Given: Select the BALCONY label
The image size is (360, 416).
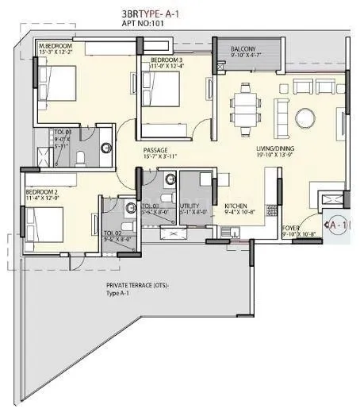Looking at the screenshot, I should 243,49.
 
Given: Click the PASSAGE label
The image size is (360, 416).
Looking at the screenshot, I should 156,149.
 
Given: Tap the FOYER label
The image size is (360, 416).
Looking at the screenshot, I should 293,229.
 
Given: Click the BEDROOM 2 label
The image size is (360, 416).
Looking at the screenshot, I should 41,193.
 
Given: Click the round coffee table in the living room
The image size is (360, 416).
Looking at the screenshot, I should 305,117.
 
